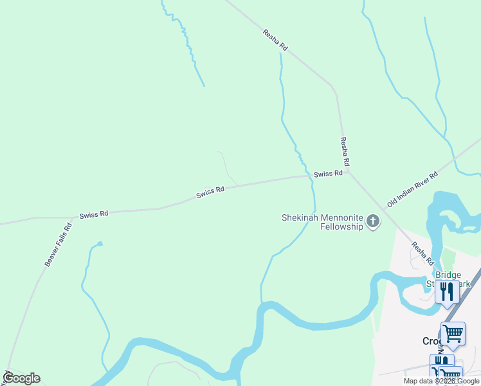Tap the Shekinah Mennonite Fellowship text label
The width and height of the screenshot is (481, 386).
pyautogui.click(x=322, y=223)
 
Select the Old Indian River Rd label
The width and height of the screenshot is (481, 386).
pyautogui.click(x=412, y=189)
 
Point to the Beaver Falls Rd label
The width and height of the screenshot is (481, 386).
pyautogui.click(x=58, y=245)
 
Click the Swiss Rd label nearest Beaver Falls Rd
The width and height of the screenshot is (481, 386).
pyautogui.click(x=94, y=214)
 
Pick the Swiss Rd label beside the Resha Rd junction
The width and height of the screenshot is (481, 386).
pyautogui.click(x=328, y=174)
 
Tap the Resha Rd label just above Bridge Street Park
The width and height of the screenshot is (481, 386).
pyautogui.click(x=422, y=253)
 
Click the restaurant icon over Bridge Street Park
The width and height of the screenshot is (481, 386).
pyautogui.click(x=447, y=291)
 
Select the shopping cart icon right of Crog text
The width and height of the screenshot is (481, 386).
pyautogui.click(x=453, y=333)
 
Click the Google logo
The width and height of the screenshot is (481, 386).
pyautogui.click(x=21, y=378)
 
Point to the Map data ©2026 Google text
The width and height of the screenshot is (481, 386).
pyautogui.click(x=442, y=381)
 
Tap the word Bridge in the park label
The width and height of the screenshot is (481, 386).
pyautogui.click(x=448, y=275)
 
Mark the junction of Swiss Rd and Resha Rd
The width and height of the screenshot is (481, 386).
pyautogui.click(x=347, y=171)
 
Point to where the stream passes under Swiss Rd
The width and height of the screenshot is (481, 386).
pyautogui.click(x=311, y=176)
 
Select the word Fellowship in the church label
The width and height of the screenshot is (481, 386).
pyautogui.click(x=342, y=228)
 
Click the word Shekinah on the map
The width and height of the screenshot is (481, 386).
pyautogui.click(x=299, y=217)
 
